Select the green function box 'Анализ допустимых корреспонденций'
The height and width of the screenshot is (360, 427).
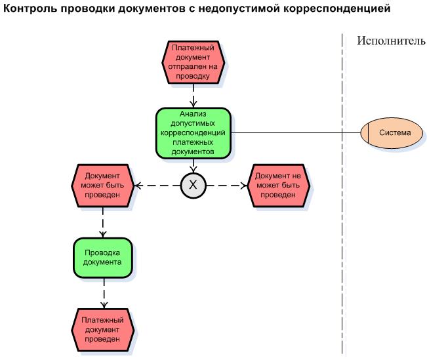click(x=193, y=133)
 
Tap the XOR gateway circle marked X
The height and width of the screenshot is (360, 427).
click(x=193, y=186)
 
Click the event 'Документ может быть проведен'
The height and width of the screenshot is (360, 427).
click(x=102, y=186)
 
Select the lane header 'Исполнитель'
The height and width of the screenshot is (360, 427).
click(x=391, y=41)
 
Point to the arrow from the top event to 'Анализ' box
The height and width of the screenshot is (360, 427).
click(x=193, y=96)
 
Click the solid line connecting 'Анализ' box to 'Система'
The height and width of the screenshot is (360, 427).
click(x=295, y=133)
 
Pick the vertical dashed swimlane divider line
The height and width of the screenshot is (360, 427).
click(x=342, y=262)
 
